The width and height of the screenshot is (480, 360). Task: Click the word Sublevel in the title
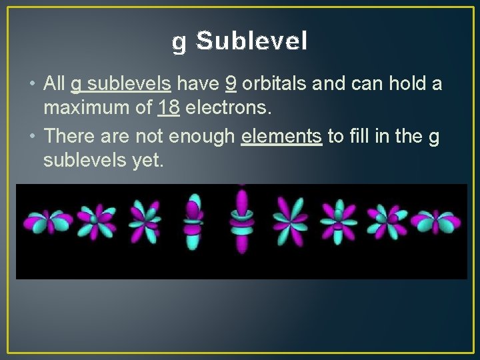[x=252, y=41]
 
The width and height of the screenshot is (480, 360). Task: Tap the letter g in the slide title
[x=179, y=43]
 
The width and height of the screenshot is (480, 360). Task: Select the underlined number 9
[x=231, y=84]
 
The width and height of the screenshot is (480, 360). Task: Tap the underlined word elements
[x=282, y=137]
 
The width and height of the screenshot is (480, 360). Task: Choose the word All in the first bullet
[x=54, y=84]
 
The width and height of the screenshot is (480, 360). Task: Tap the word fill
[x=356, y=137]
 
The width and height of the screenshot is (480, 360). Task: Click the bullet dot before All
[x=33, y=85]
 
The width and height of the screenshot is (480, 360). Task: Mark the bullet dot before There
[x=33, y=137]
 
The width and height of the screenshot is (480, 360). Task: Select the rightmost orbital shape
[x=435, y=221]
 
